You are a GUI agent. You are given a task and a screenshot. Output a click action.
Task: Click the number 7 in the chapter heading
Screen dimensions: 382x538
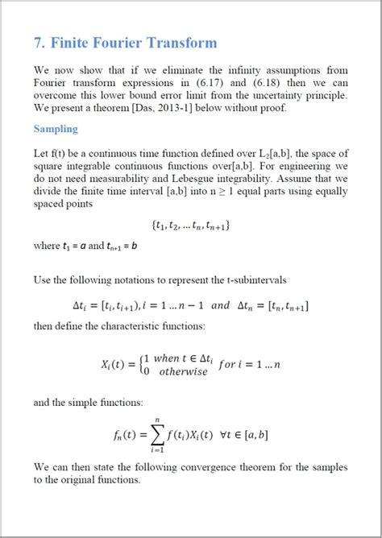coord(39,43)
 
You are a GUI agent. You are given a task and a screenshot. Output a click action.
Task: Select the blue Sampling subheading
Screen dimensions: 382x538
coord(56,129)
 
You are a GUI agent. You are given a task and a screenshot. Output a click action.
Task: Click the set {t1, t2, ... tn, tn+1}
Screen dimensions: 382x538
coord(191,227)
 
